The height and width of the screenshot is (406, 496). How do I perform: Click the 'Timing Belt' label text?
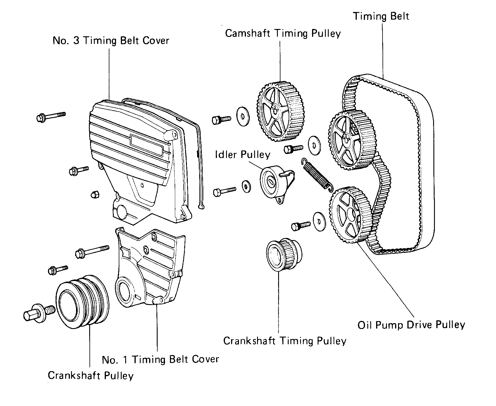[381, 16]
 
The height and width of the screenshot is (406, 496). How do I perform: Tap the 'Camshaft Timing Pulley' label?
[283, 33]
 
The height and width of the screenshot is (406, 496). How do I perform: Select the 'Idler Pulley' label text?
[243, 155]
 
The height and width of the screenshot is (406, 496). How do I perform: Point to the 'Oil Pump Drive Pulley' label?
[411, 325]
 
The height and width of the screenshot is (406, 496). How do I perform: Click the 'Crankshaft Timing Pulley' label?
[285, 341]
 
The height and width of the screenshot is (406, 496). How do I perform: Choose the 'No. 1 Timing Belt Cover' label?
[160, 359]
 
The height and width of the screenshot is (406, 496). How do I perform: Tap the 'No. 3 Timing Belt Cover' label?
[111, 40]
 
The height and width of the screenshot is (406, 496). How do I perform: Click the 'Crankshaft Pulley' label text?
[91, 375]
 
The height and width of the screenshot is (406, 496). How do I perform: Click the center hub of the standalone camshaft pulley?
[275, 110]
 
